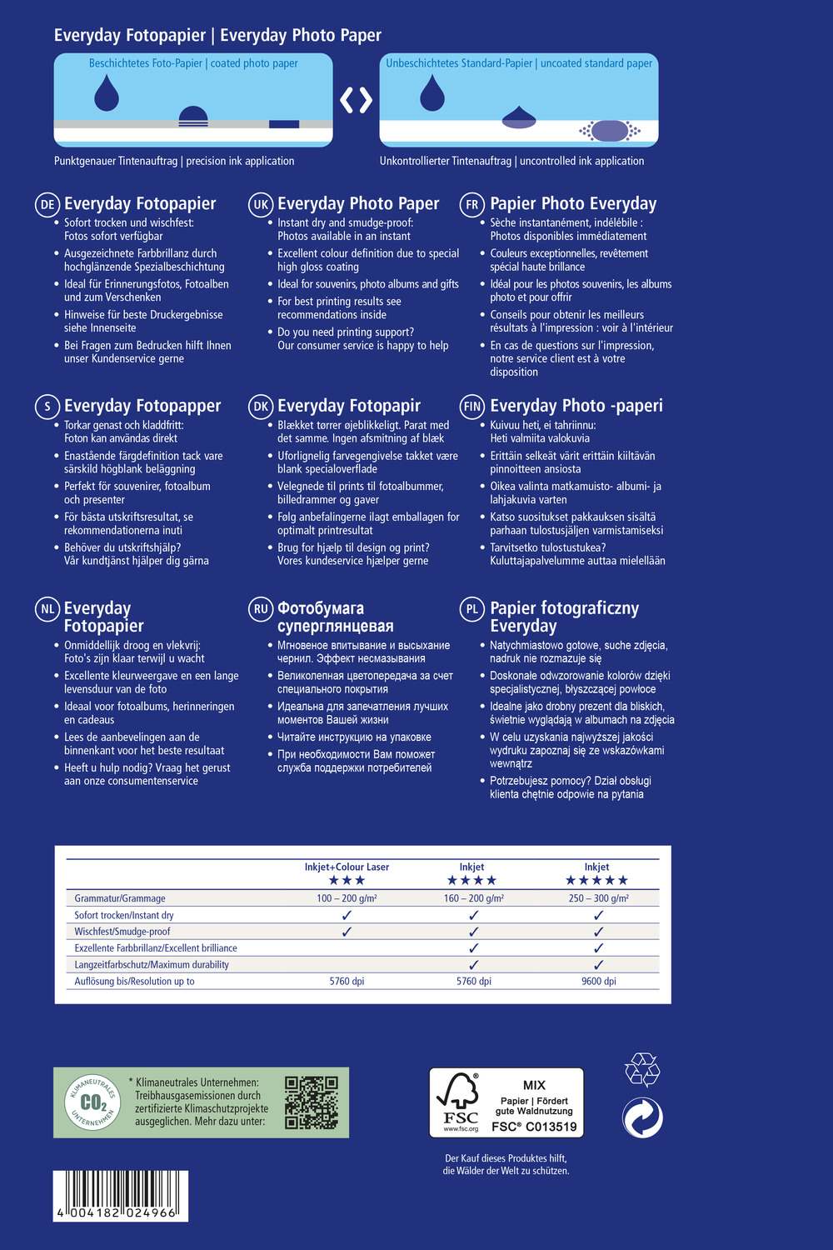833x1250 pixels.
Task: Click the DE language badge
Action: point(47,205)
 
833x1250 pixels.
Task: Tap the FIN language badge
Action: point(472,407)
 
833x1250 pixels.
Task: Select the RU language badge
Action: point(261,609)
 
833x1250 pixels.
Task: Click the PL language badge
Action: point(472,609)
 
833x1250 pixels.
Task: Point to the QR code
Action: point(311,1102)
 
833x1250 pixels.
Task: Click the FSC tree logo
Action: point(457,1102)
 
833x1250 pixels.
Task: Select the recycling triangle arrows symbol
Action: point(642,1069)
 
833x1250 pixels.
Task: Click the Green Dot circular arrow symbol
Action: point(642,1117)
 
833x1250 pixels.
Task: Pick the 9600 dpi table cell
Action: point(598,982)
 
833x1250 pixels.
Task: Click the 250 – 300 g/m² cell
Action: point(598,898)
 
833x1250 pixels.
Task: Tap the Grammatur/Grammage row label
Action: point(120,898)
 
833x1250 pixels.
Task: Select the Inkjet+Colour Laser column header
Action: point(347,867)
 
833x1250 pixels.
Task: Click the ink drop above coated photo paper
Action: point(106,92)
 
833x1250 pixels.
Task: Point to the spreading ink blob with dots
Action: point(610,131)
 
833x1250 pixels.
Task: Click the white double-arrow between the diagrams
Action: point(356,100)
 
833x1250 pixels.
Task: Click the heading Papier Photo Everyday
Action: point(573,204)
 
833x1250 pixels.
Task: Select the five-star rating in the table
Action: point(596,881)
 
